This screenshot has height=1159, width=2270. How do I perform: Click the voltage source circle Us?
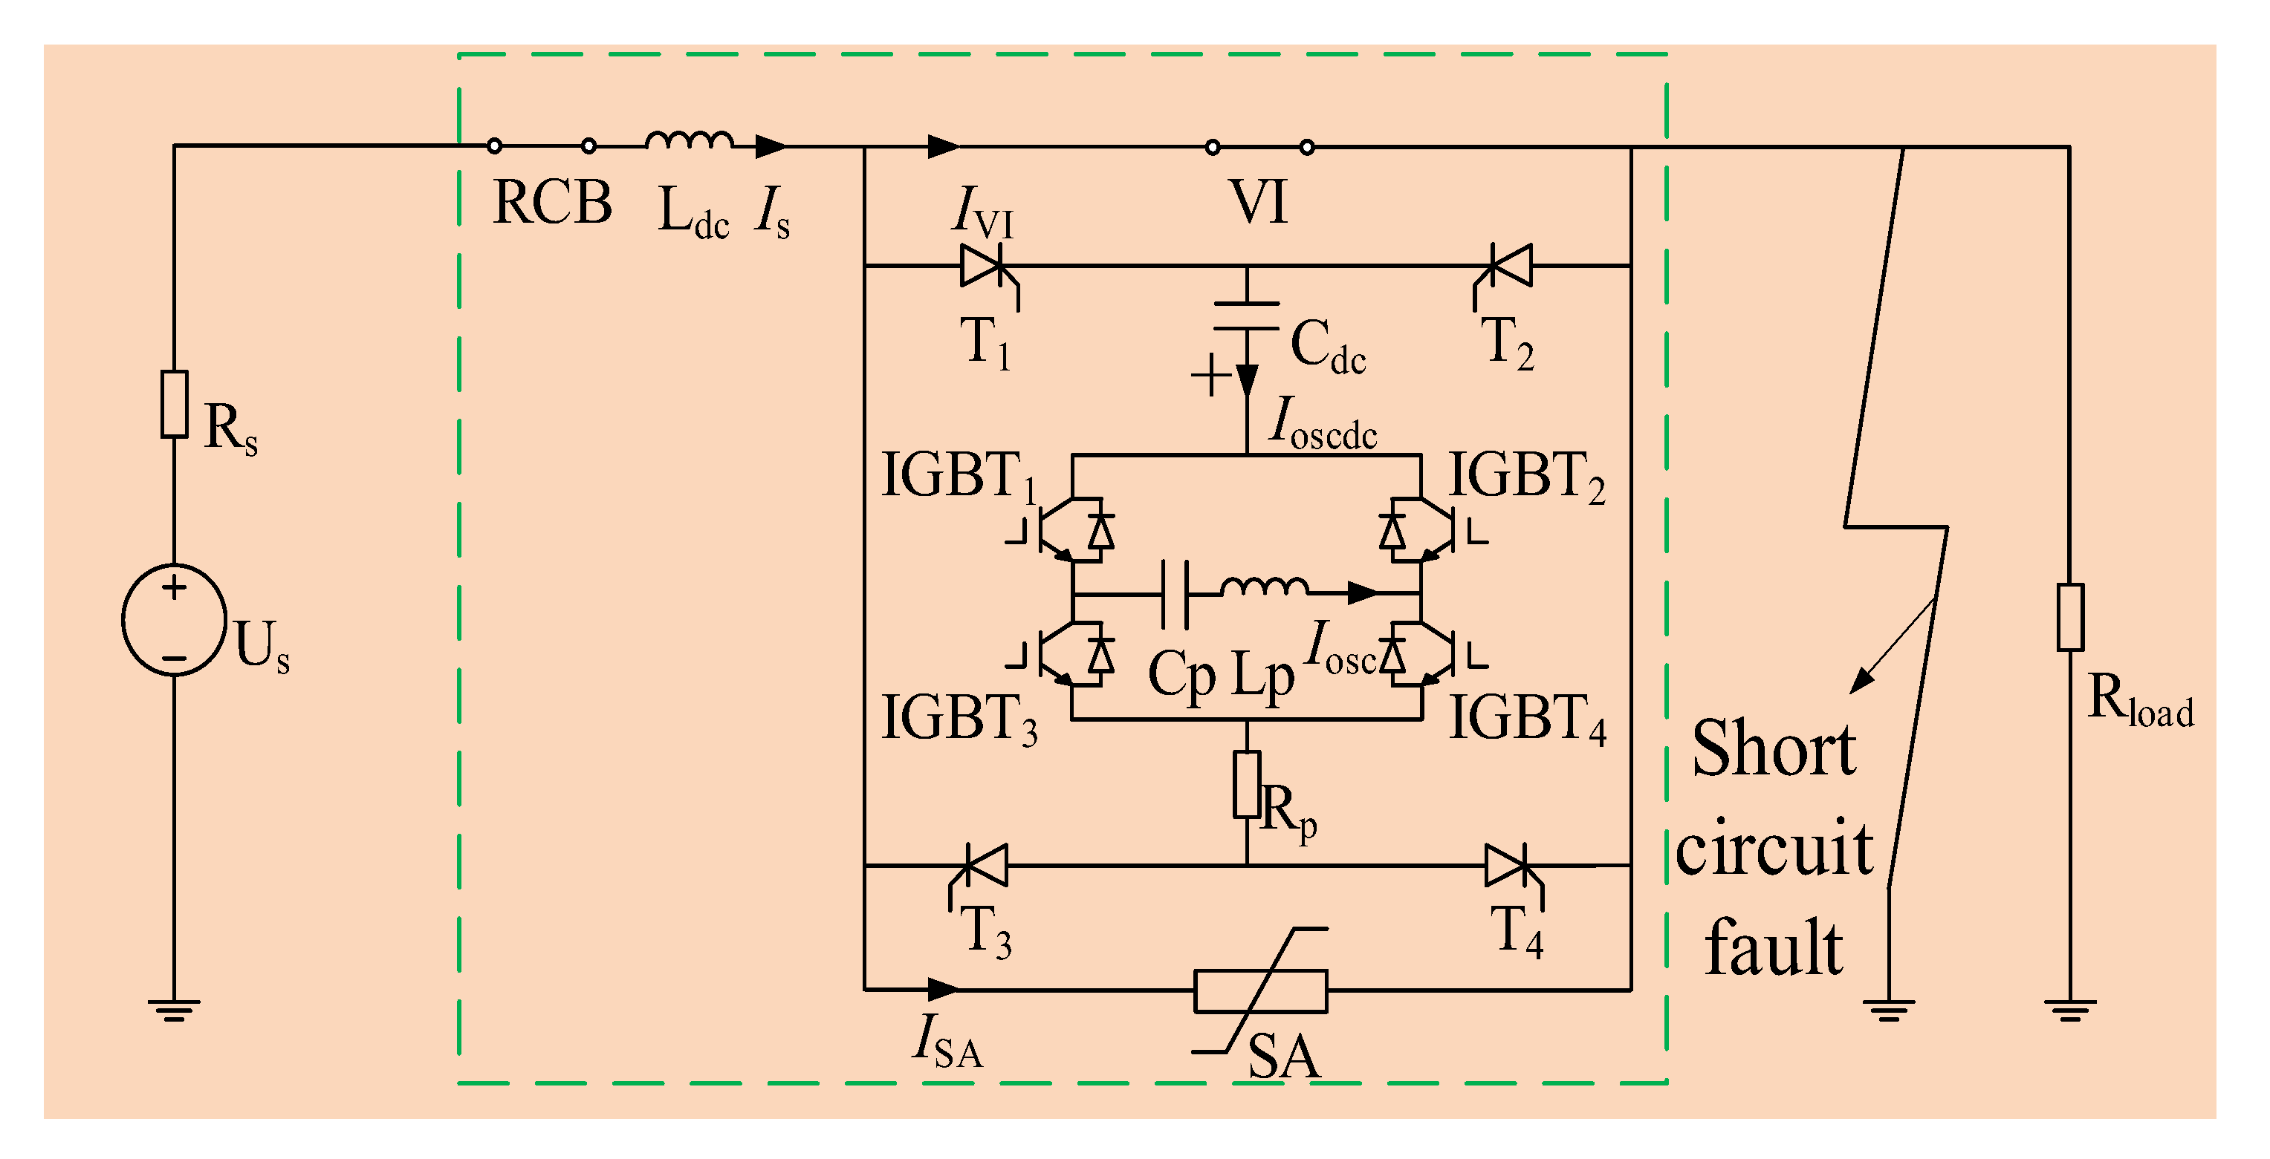click(x=174, y=621)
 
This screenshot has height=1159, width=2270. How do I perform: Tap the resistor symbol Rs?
click(x=174, y=404)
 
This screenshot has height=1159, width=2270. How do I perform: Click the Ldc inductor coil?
click(x=688, y=141)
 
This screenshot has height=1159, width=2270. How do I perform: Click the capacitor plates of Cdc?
click(x=1247, y=316)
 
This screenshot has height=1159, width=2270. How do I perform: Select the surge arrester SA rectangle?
click(x=1261, y=990)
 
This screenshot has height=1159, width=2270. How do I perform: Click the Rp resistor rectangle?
click(x=1247, y=784)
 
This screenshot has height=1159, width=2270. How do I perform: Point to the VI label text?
click(x=1259, y=203)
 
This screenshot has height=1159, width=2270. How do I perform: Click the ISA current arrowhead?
click(x=944, y=990)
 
